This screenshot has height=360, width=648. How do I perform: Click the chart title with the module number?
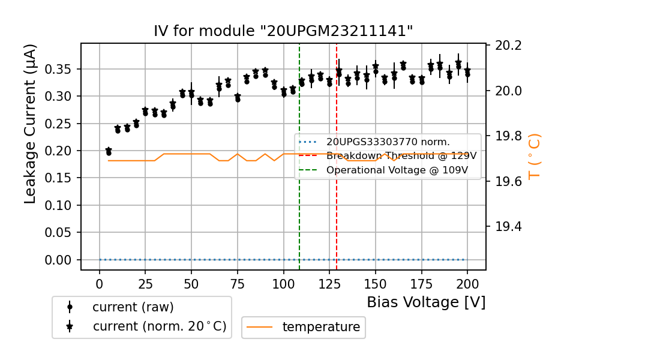point(283,31)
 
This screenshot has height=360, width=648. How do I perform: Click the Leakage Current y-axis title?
point(31,124)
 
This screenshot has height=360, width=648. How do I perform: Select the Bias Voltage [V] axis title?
point(426,302)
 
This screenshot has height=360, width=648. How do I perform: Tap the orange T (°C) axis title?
point(534,157)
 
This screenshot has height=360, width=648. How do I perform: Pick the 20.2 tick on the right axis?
point(508,46)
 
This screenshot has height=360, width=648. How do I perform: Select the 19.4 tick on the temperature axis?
point(508,227)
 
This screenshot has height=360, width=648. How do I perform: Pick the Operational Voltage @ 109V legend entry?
point(397,170)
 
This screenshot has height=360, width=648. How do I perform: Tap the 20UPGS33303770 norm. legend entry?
point(388,142)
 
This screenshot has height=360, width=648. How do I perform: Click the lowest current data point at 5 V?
point(109,153)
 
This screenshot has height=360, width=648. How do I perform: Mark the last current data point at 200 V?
point(467,74)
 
